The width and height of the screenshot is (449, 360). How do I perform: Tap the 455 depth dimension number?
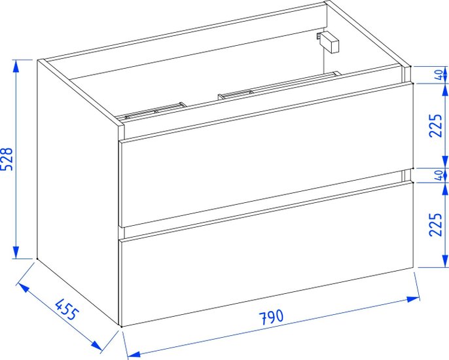point(67,310)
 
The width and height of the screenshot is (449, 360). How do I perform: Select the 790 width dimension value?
point(271,317)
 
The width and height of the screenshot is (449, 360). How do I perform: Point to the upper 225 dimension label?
point(435,126)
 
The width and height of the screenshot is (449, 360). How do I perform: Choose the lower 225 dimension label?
point(435,225)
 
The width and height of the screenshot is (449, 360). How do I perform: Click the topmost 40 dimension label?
point(439,75)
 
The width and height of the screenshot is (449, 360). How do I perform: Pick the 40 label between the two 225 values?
point(439,175)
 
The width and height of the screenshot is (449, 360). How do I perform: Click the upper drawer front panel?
point(266,154)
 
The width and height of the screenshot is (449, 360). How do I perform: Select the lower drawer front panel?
point(266,253)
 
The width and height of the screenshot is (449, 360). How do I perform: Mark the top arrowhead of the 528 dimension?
point(16,66)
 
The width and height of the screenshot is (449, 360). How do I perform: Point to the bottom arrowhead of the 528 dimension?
point(16,252)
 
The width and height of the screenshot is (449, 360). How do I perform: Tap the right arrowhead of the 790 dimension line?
point(413,299)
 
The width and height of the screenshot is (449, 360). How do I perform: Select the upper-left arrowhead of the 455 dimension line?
point(24,288)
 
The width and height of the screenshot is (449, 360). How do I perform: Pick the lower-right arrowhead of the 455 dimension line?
point(96,345)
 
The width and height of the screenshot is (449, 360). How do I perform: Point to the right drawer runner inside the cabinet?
point(279,85)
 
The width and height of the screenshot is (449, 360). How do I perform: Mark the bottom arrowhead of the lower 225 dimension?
point(445,261)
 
